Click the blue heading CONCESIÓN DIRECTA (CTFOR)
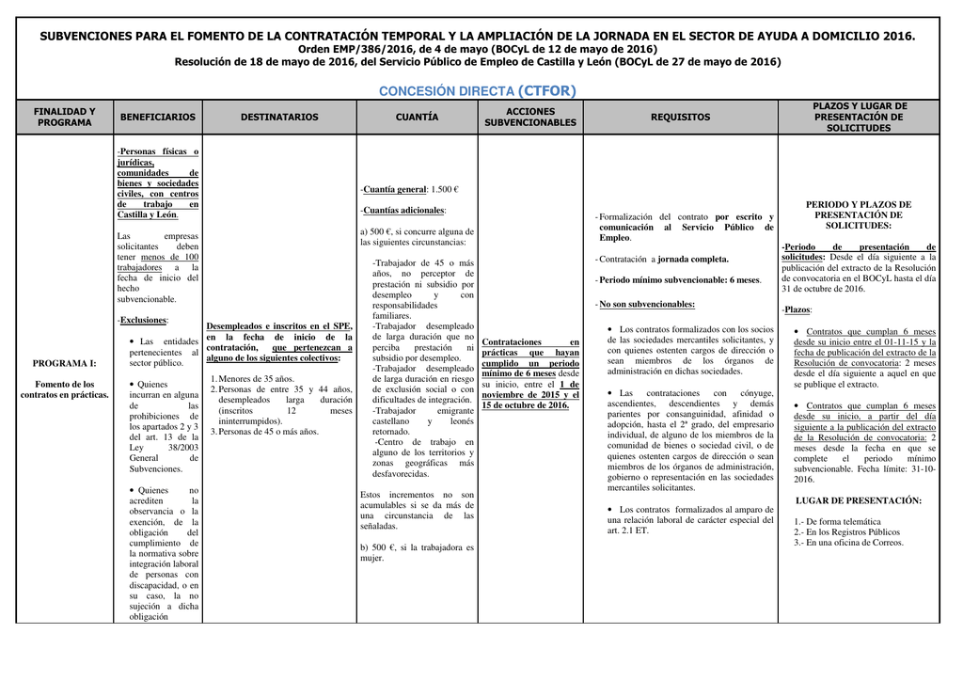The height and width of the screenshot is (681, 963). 477,91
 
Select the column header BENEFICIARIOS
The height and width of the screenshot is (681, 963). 157,118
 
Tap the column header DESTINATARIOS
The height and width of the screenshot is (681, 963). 279,118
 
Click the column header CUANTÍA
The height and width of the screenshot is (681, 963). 417,118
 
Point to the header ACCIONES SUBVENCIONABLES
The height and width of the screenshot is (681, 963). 530,118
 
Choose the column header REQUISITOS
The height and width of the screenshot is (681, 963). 680,118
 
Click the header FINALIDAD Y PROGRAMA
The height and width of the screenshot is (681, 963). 65,118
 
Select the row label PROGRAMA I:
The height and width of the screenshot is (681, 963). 65,363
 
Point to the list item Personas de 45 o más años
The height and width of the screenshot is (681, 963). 268,432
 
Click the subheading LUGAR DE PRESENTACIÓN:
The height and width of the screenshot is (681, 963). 858,500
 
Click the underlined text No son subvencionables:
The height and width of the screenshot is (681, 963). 647,305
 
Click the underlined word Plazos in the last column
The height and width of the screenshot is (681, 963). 797,309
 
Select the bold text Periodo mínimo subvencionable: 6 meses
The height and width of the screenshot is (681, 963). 680,280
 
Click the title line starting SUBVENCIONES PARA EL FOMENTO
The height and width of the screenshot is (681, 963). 477,36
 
